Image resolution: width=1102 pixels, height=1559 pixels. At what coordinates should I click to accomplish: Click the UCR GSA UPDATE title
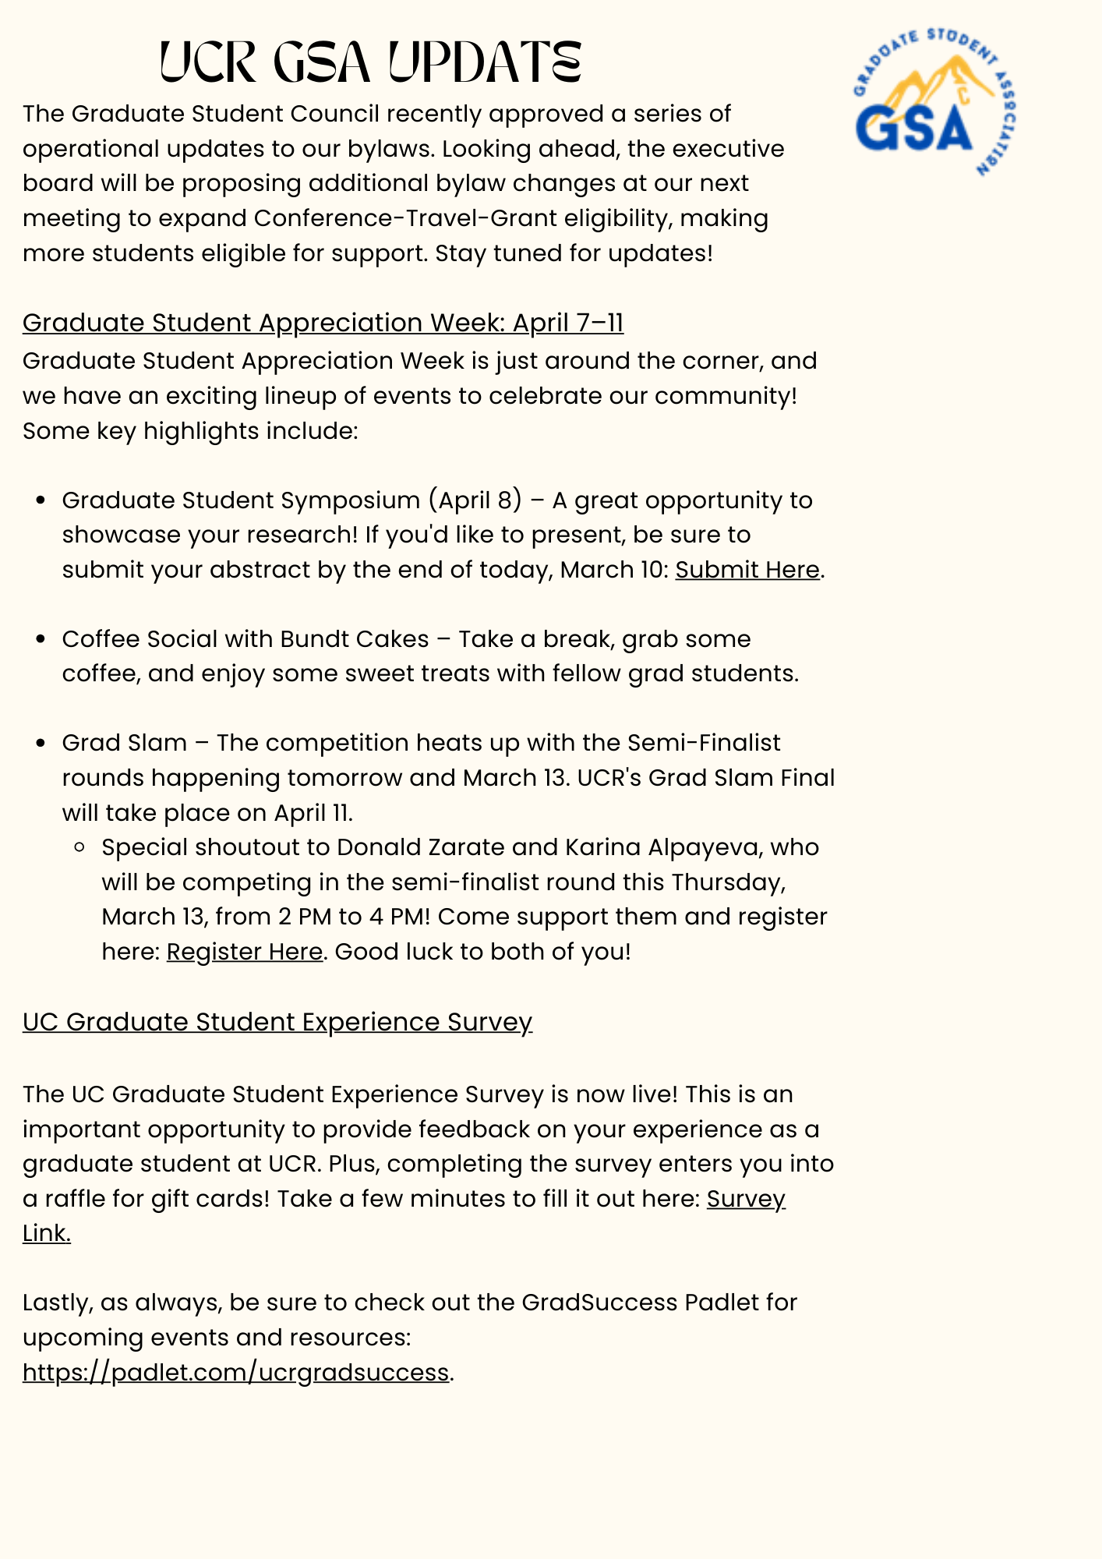click(x=371, y=62)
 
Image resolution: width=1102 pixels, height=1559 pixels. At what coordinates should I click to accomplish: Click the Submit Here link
click(x=747, y=570)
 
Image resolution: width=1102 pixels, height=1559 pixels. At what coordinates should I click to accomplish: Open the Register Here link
click(x=244, y=952)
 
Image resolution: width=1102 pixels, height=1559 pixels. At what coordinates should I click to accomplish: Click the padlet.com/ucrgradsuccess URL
click(x=235, y=1372)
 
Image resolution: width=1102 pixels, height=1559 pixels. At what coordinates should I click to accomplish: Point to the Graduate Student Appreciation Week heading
click(x=323, y=323)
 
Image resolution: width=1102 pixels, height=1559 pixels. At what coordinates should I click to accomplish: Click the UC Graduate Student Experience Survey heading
click(x=277, y=1022)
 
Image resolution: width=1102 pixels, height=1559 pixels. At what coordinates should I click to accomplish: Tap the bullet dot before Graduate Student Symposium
click(x=42, y=500)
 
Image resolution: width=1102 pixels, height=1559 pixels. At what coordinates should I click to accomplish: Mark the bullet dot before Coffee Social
click(x=42, y=639)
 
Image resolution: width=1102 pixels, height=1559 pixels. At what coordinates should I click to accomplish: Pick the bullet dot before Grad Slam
click(x=42, y=744)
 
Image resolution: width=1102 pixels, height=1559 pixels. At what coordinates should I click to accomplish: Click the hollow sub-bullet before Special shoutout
click(x=80, y=847)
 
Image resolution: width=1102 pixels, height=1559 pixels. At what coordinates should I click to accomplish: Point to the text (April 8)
click(x=475, y=500)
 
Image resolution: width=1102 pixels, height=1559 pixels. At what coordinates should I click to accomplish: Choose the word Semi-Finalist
click(x=704, y=744)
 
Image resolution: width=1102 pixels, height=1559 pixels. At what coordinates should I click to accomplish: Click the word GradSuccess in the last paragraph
click(x=599, y=1303)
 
